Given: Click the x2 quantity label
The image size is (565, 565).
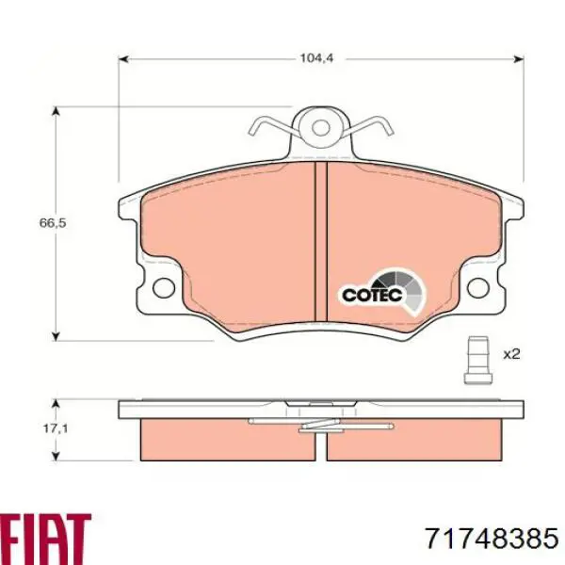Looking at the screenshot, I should pos(511,354).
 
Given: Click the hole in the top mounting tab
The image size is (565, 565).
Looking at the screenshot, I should pos(320,128).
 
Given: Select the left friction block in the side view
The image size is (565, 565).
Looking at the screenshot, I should pos(226,439).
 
